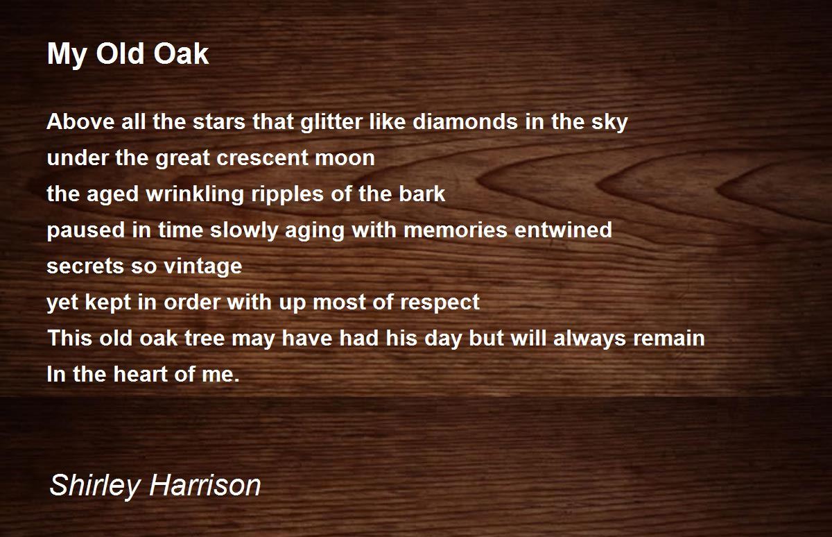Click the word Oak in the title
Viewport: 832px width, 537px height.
coord(181,54)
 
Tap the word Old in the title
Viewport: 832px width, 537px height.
coord(120,54)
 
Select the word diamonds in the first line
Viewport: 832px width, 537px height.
coord(465,121)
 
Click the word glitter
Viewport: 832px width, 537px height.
coord(331,122)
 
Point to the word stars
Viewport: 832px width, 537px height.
coord(219,122)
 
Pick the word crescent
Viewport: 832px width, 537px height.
coord(262,158)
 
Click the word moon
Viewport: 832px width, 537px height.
coord(345,158)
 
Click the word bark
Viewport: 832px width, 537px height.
coord(422,194)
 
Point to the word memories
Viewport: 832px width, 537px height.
coord(456,230)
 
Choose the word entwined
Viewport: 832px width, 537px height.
coord(563,230)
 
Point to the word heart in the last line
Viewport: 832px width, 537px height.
coord(140,374)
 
